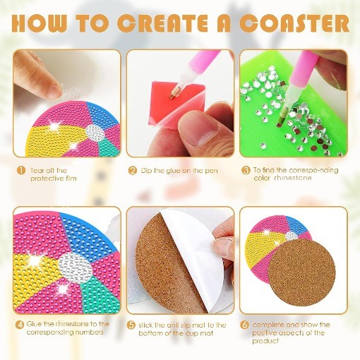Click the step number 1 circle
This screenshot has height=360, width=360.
coord(22,169)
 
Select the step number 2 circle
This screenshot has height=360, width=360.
coord(133,169)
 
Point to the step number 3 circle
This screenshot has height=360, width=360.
coord(246,169)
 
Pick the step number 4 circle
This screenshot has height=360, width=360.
coord(20,324)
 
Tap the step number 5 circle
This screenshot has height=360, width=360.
coord(133,324)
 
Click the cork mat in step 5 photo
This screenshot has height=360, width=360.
coord(159,268)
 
